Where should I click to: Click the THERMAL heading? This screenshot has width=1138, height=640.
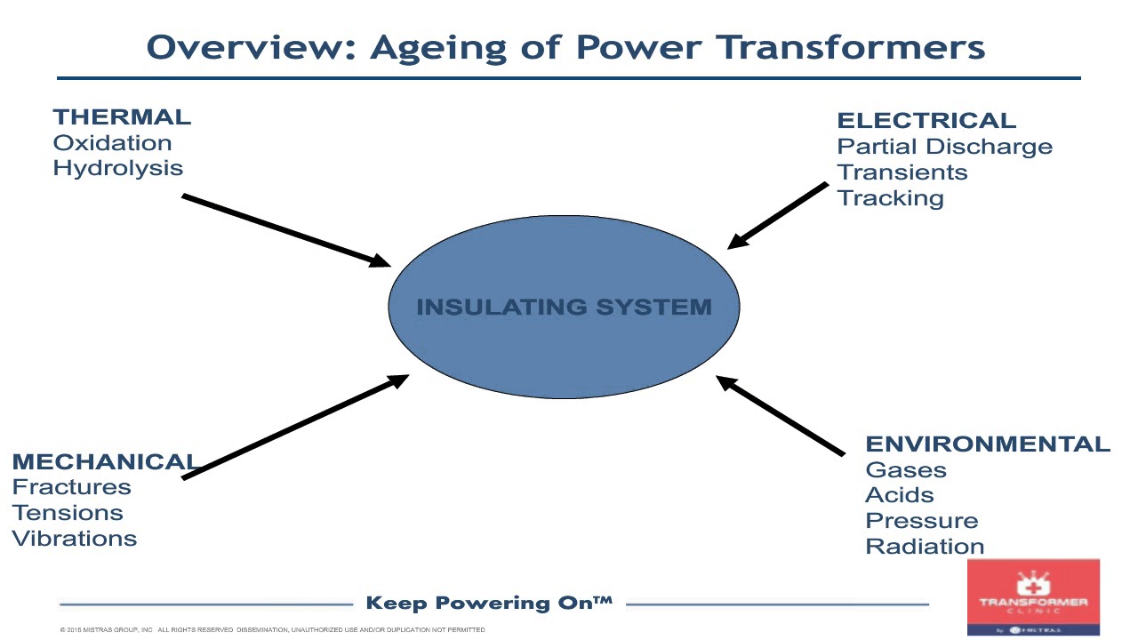point(122,117)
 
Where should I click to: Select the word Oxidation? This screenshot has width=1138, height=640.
point(112,143)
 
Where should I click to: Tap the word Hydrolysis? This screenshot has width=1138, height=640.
point(117,168)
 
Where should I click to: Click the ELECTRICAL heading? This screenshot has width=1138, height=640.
point(926,121)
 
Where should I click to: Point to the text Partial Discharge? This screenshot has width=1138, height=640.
point(944,147)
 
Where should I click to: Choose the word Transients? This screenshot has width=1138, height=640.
point(902,172)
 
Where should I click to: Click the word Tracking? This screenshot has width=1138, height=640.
point(890,198)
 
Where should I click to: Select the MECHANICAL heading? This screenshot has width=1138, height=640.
point(104,462)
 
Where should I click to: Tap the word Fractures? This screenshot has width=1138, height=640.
point(71,487)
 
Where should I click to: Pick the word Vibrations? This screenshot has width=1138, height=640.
point(74,539)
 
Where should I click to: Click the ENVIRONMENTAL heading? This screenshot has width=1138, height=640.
point(987,444)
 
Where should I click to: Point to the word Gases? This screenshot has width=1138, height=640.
point(905,470)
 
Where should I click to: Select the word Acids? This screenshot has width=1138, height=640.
point(899,495)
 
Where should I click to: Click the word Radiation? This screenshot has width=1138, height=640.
point(925,547)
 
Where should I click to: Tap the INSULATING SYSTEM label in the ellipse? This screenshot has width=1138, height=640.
point(564,308)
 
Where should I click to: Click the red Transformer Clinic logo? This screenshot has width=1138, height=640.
point(1033,597)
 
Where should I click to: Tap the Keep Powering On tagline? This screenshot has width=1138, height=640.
point(489,604)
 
